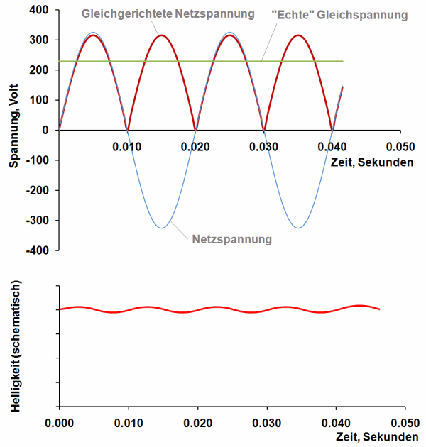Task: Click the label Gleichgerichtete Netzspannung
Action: point(168,13)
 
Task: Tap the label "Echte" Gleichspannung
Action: point(339,14)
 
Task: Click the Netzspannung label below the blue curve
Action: point(232,239)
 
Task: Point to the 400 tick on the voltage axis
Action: point(39,10)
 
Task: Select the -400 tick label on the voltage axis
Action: point(36,250)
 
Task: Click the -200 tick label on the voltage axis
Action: point(36,190)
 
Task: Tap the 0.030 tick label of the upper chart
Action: point(264,147)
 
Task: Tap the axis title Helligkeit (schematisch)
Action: point(13,347)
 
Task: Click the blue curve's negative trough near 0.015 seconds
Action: point(162,228)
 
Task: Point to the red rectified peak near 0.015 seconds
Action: point(162,35)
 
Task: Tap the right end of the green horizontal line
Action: point(343,62)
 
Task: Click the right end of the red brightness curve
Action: point(380,309)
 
